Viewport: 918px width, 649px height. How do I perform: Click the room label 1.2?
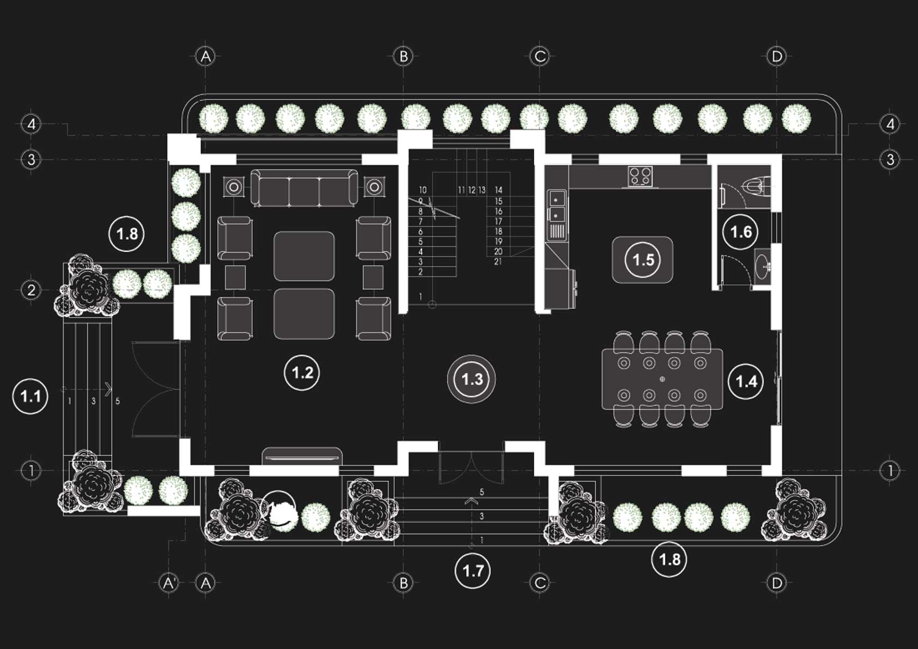point(302,373)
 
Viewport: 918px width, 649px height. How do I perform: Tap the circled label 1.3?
point(472,379)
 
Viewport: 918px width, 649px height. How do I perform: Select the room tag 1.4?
point(746,381)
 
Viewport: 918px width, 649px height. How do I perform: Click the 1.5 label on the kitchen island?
point(643,259)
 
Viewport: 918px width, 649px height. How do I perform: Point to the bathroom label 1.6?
point(740,233)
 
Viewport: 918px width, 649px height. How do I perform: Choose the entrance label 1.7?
point(473,571)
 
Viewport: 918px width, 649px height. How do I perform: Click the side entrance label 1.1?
point(31,396)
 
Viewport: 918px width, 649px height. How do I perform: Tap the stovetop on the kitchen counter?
point(640,176)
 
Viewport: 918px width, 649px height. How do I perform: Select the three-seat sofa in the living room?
point(304,189)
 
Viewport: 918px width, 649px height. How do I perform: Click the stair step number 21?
point(498,262)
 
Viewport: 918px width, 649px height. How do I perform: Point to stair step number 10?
point(422,190)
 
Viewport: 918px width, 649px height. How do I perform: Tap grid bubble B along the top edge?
point(403,56)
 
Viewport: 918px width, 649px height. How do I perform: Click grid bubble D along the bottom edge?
point(776,583)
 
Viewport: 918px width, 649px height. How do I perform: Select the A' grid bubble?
point(169,583)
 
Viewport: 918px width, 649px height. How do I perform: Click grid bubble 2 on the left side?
point(31,289)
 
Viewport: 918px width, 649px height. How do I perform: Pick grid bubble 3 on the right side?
point(890,160)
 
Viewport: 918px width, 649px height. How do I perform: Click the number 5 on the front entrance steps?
point(481,492)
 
